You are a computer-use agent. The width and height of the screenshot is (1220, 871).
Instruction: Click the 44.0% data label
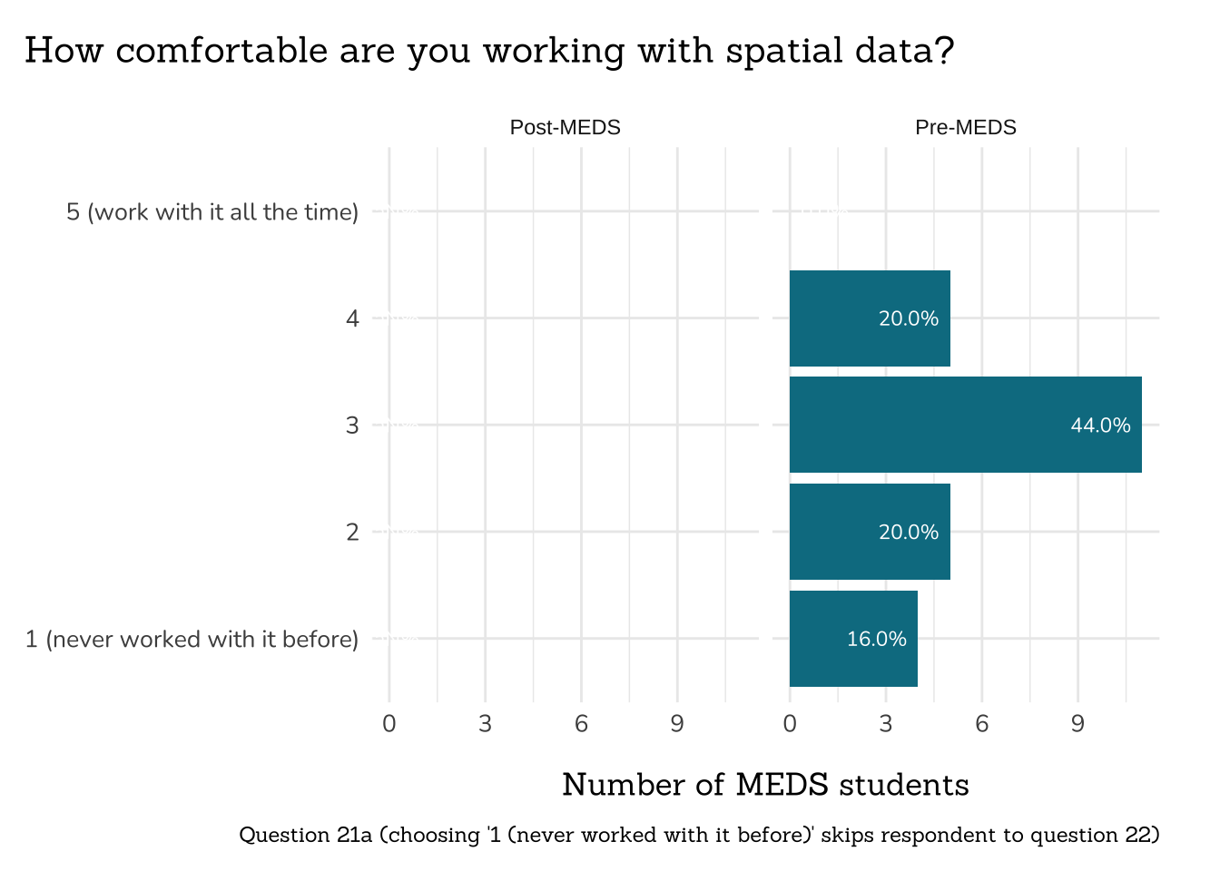tap(1100, 426)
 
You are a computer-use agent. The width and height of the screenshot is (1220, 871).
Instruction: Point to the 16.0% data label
tap(876, 640)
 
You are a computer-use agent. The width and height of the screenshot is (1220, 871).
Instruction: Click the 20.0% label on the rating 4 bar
tap(908, 318)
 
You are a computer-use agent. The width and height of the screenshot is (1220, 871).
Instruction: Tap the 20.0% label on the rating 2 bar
tap(908, 533)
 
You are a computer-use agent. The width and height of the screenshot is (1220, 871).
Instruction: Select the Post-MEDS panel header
tap(565, 128)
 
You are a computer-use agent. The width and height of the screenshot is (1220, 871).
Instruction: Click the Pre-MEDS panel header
tap(965, 128)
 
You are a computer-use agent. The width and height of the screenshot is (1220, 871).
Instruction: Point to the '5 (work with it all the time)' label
tap(212, 212)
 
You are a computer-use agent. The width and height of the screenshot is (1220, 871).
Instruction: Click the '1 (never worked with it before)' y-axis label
tap(192, 640)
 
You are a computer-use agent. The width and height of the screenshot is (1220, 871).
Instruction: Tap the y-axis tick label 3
tap(352, 426)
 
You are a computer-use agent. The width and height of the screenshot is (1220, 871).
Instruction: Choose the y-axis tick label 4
tap(352, 318)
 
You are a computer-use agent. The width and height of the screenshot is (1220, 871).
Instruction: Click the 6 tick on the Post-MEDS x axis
tap(581, 724)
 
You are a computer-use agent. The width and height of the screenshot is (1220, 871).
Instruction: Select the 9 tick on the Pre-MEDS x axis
tap(1077, 724)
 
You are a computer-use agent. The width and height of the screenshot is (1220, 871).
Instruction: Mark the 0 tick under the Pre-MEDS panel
tap(790, 724)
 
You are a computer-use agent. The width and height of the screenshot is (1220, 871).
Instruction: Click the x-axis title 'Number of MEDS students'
tap(765, 785)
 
